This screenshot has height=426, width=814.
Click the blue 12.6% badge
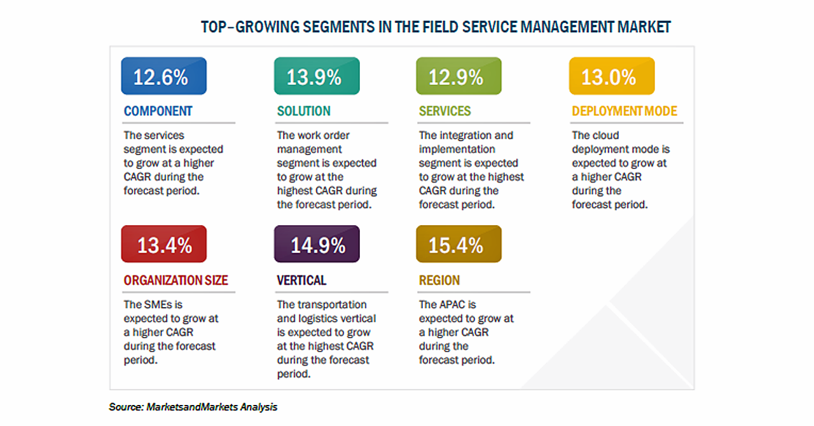164,76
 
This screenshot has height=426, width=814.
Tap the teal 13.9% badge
317,76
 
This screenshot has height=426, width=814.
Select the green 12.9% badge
459,76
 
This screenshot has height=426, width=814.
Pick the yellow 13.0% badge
612,76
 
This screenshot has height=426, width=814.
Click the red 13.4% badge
164,244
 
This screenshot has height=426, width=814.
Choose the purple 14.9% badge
317,244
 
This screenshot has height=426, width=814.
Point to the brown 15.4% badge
459,244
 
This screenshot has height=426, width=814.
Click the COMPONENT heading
158,111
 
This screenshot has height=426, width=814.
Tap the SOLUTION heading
304,111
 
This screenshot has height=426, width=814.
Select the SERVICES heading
445,111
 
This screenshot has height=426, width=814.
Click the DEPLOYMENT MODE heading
624,111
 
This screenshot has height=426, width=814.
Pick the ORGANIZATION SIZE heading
176,280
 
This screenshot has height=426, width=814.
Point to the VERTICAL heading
301,280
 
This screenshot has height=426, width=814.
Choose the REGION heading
439,280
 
